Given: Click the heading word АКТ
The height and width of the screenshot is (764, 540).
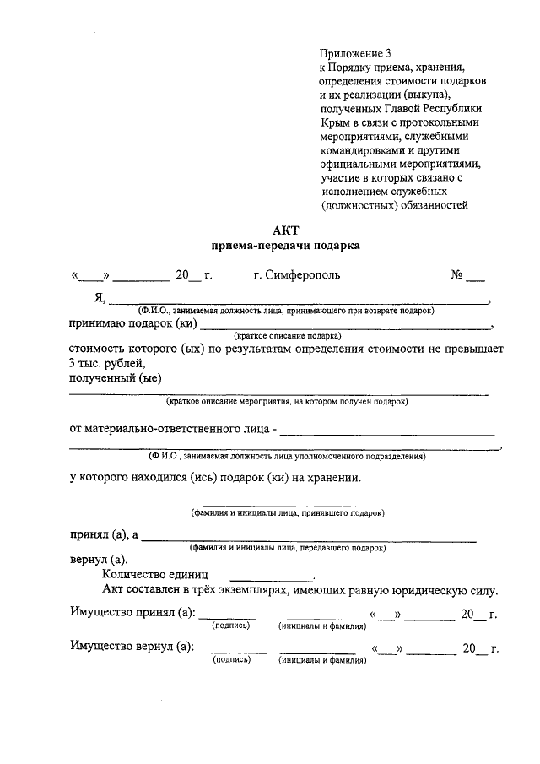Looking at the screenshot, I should [x=286, y=230].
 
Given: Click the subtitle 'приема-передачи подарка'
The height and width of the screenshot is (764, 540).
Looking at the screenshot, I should [x=286, y=246].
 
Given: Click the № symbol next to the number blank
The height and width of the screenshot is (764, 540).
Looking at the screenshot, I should [x=458, y=275].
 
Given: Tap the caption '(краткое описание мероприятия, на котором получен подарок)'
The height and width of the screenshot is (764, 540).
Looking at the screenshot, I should [x=287, y=401].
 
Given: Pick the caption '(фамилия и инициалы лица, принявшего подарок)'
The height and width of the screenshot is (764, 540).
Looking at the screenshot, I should [x=287, y=512].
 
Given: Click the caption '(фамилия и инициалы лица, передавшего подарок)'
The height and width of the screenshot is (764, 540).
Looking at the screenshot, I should [x=288, y=547].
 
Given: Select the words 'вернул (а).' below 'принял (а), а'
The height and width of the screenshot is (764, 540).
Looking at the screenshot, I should [x=99, y=560].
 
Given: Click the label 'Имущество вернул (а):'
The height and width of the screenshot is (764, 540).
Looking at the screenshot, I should [x=131, y=648].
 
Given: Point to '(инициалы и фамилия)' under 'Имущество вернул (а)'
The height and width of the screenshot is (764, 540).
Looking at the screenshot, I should [x=322, y=661].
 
